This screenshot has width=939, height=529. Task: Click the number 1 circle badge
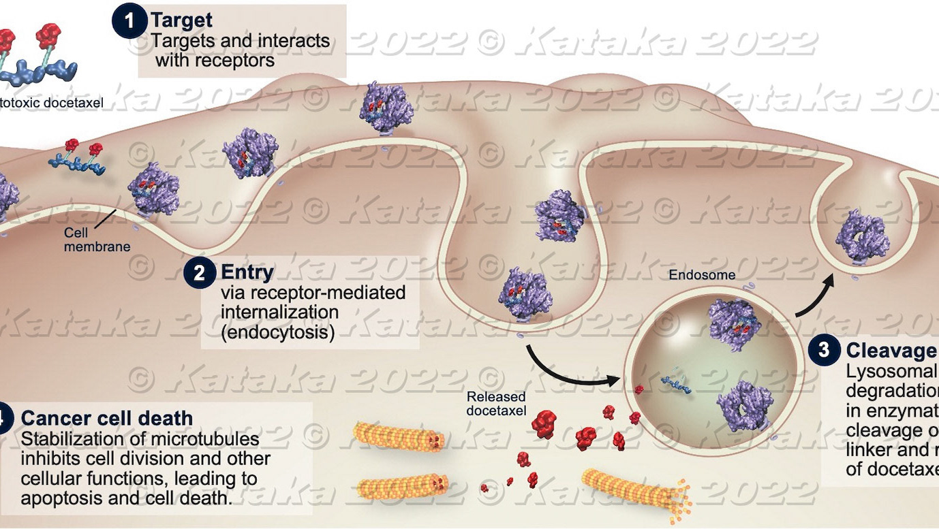click(x=129, y=22)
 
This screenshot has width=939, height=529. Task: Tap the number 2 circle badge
click(x=200, y=273)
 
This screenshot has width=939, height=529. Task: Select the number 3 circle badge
click(x=825, y=350)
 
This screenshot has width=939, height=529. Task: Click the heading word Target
click(x=181, y=20)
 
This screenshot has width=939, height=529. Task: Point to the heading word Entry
click(x=247, y=272)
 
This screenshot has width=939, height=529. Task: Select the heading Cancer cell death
click(x=107, y=418)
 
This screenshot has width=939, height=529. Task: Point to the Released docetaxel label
click(x=496, y=402)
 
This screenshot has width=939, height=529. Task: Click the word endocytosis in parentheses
click(x=278, y=333)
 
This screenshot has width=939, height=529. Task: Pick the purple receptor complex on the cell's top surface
click(x=386, y=107)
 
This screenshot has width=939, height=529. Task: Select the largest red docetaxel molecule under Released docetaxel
click(x=544, y=423)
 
